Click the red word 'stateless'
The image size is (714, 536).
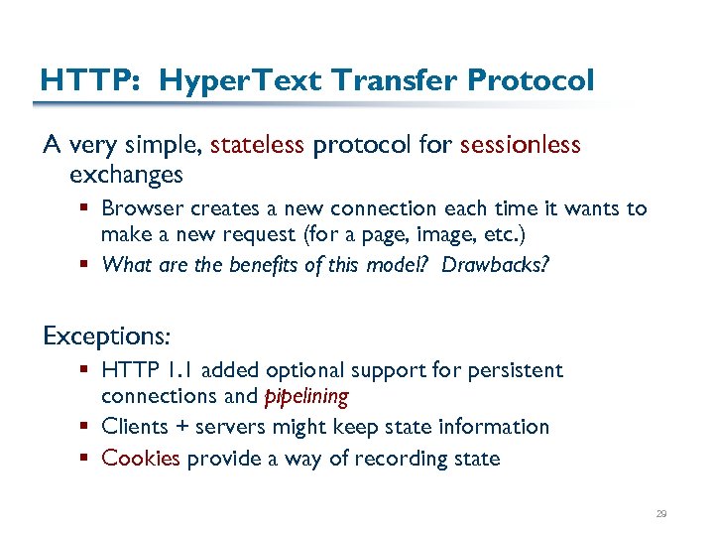coord(257,146)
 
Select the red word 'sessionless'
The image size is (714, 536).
coord(520,146)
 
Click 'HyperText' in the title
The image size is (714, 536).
coord(233,79)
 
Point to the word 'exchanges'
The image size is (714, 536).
coord(126,175)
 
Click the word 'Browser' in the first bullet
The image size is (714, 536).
coord(141,208)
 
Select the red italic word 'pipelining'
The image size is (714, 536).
coord(306,397)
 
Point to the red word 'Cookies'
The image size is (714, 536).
coord(141,458)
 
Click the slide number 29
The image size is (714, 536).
coord(661,514)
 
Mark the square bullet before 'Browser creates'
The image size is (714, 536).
coord(86,209)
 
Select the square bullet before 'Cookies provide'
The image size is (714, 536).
coord(86,459)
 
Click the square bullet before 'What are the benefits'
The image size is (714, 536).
coord(86,265)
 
